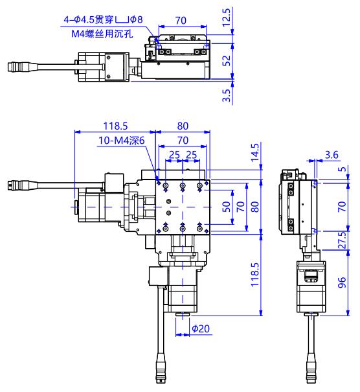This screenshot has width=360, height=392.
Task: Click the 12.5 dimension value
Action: [x=226, y=17]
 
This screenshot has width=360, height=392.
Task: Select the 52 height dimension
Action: [x=227, y=60]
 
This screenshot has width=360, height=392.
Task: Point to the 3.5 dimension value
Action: [x=227, y=95]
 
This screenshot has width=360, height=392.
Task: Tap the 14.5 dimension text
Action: [x=254, y=152]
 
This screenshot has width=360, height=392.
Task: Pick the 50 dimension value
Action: [x=227, y=207]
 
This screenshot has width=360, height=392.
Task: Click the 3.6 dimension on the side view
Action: [x=332, y=155]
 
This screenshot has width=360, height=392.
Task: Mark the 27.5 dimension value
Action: [x=342, y=240]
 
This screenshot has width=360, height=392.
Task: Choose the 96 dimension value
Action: [x=342, y=282]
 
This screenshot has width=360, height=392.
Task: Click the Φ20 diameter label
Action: [x=201, y=329]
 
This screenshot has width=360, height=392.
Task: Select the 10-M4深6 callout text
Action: [x=122, y=140]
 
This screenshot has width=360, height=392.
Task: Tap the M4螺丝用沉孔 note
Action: [x=102, y=34]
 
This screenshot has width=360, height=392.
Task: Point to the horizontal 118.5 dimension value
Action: [x=115, y=126]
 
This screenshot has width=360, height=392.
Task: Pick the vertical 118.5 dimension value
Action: [x=254, y=275]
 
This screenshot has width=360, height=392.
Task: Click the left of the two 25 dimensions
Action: [x=174, y=155]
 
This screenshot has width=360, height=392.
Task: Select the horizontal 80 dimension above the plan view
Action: [x=183, y=126]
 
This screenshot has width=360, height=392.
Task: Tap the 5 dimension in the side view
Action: [x=342, y=169]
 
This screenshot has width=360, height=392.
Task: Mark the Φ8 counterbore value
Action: [x=137, y=19]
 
